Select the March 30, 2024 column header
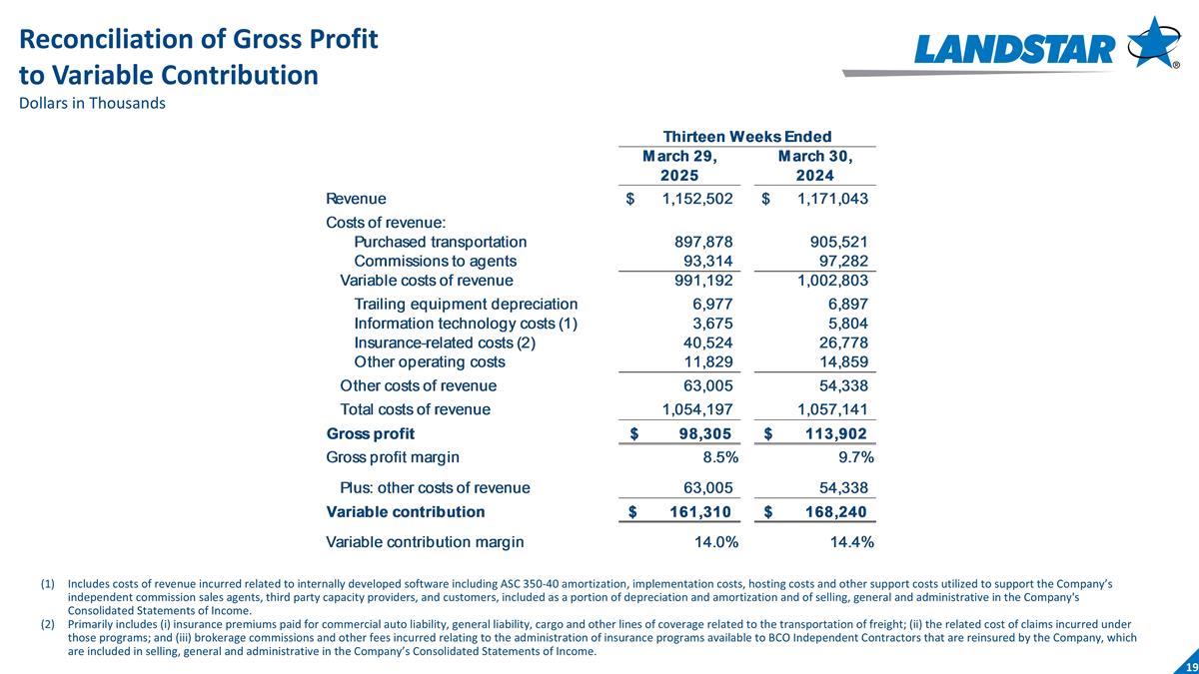coord(815,166)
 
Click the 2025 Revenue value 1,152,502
coord(697,199)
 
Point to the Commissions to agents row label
coord(435,261)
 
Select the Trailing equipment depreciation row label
coord(466,304)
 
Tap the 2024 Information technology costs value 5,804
coord(847,324)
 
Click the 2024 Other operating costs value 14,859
coord(843,361)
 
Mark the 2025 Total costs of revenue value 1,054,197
coord(697,408)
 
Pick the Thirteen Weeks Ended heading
coord(748,136)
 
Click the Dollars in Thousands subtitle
coord(92,104)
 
